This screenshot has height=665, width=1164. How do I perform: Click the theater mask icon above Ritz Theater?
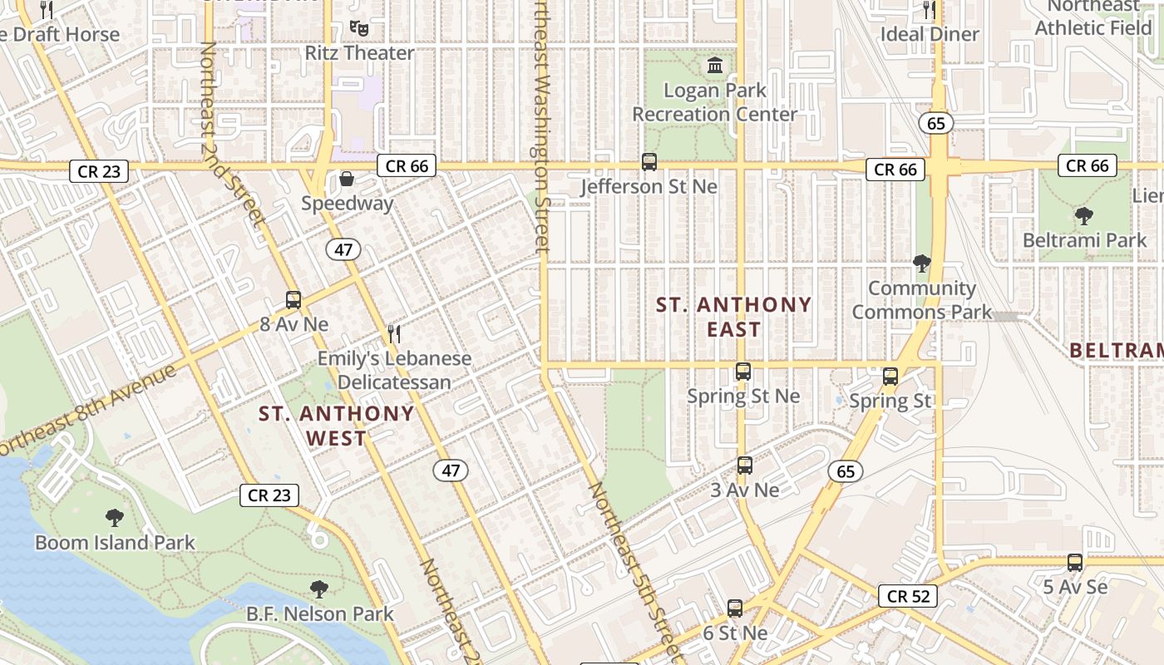point(359,28)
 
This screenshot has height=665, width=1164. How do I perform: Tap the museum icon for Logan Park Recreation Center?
point(714,65)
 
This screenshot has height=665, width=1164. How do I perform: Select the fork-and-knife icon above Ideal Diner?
point(930,10)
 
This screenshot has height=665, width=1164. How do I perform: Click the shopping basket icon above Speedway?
point(347,179)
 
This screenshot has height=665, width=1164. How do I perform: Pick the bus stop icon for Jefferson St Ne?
point(649,162)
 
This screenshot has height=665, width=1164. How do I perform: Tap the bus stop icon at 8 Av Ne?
point(293,300)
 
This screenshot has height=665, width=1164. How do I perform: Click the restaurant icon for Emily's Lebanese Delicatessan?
point(394,334)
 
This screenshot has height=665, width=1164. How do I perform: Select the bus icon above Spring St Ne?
point(743,372)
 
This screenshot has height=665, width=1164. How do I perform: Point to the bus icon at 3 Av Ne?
point(745,465)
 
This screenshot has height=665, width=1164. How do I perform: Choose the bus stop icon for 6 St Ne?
point(735,608)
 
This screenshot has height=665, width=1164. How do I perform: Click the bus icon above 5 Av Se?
point(1075,563)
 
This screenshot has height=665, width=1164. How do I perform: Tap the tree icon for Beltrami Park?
point(1084,216)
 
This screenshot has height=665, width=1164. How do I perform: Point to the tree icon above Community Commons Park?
point(921,264)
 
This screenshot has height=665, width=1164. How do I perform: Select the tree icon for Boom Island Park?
point(115,518)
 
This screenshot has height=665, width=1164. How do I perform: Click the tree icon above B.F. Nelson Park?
point(318,589)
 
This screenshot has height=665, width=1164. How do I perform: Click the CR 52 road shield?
point(908,596)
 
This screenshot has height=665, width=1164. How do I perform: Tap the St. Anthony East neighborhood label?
point(734,317)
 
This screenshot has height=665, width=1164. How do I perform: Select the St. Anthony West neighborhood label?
point(336,426)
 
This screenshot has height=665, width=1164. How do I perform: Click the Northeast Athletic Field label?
point(1093,17)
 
